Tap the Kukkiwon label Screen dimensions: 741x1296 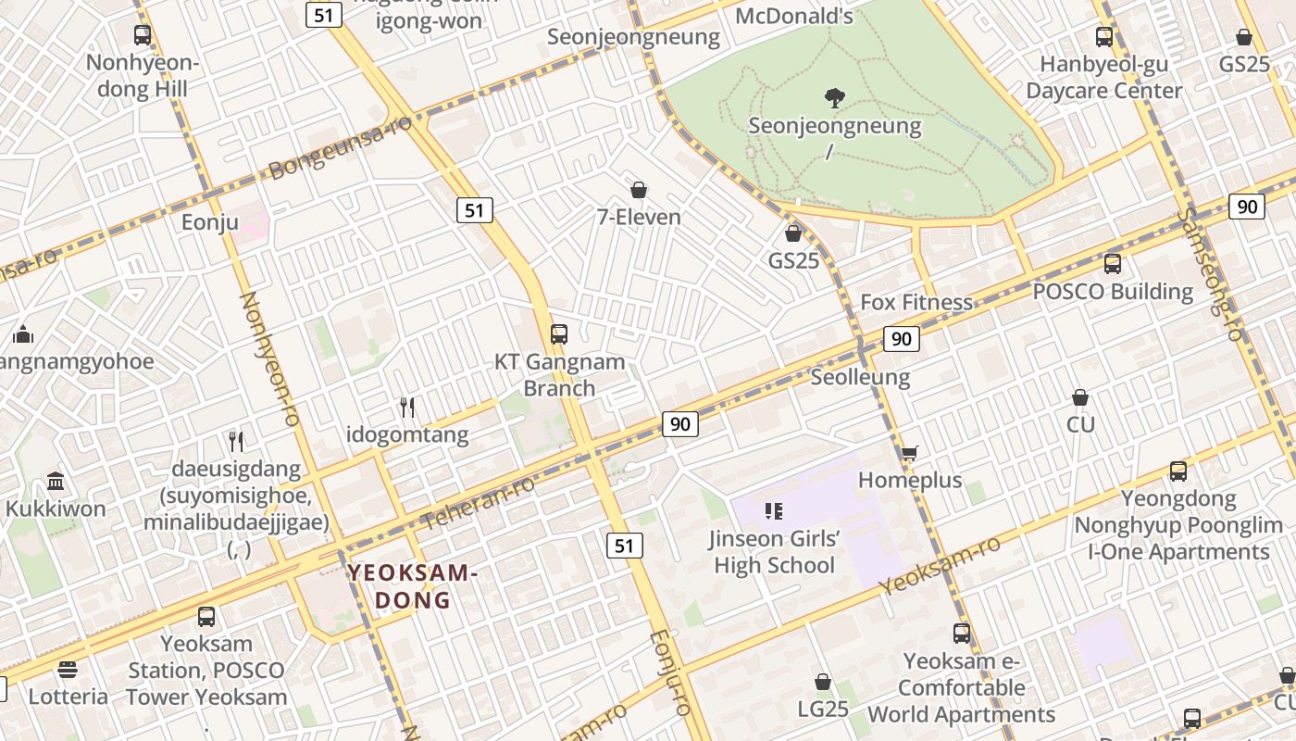point(56,509)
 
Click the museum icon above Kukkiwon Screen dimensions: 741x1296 point(56,482)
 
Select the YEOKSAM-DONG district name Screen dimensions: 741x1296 point(413,586)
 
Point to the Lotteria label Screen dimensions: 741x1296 point(69,696)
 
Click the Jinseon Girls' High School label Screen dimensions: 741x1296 point(774,552)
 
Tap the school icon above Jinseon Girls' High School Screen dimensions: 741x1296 point(774,510)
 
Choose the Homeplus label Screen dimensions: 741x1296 point(910,480)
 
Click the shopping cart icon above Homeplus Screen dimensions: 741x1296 point(910,453)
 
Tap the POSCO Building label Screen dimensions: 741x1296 point(1113,291)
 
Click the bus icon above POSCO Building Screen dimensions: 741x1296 point(1113,264)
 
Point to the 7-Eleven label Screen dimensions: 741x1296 point(639,217)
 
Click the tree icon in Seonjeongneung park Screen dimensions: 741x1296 point(835,97)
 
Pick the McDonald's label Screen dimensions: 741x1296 point(794,15)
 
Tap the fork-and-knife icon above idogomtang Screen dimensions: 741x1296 point(406,407)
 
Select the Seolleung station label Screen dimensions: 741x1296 point(860,377)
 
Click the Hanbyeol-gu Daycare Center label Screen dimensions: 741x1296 point(1104,78)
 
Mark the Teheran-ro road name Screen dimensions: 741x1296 point(478,504)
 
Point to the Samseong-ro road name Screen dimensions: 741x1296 point(1209,274)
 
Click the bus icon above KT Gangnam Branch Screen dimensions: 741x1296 point(559,334)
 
